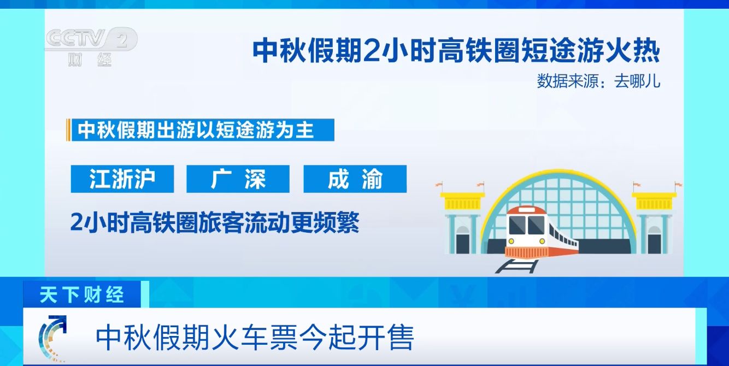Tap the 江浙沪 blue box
coord(122,179)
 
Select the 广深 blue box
coord(238,179)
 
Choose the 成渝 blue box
coord(355,179)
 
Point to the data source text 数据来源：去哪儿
coord(598,81)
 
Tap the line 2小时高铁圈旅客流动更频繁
coord(215,222)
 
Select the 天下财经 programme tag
coord(81,295)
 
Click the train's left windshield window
coord(517,225)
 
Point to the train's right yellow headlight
coord(542,241)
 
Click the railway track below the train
coord(518,266)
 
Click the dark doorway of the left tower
coord(462,243)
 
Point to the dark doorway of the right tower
coord(654,243)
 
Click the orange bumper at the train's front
coord(527,252)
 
